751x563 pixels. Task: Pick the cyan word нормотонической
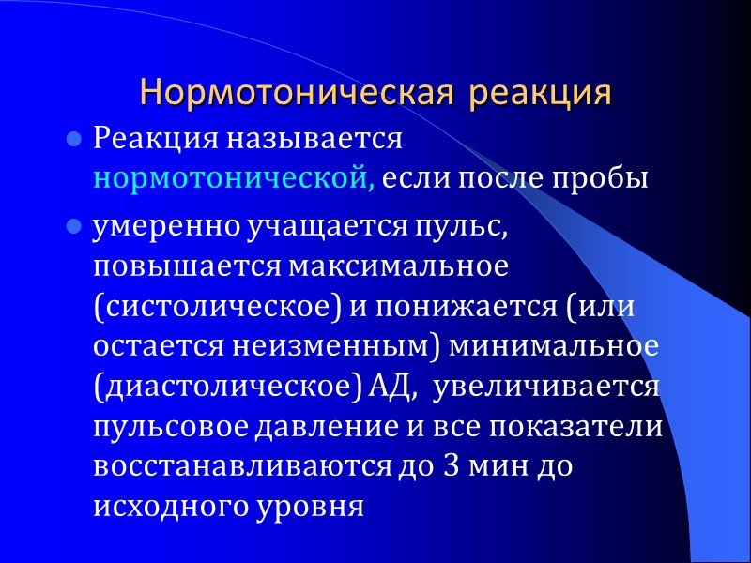(234, 176)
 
